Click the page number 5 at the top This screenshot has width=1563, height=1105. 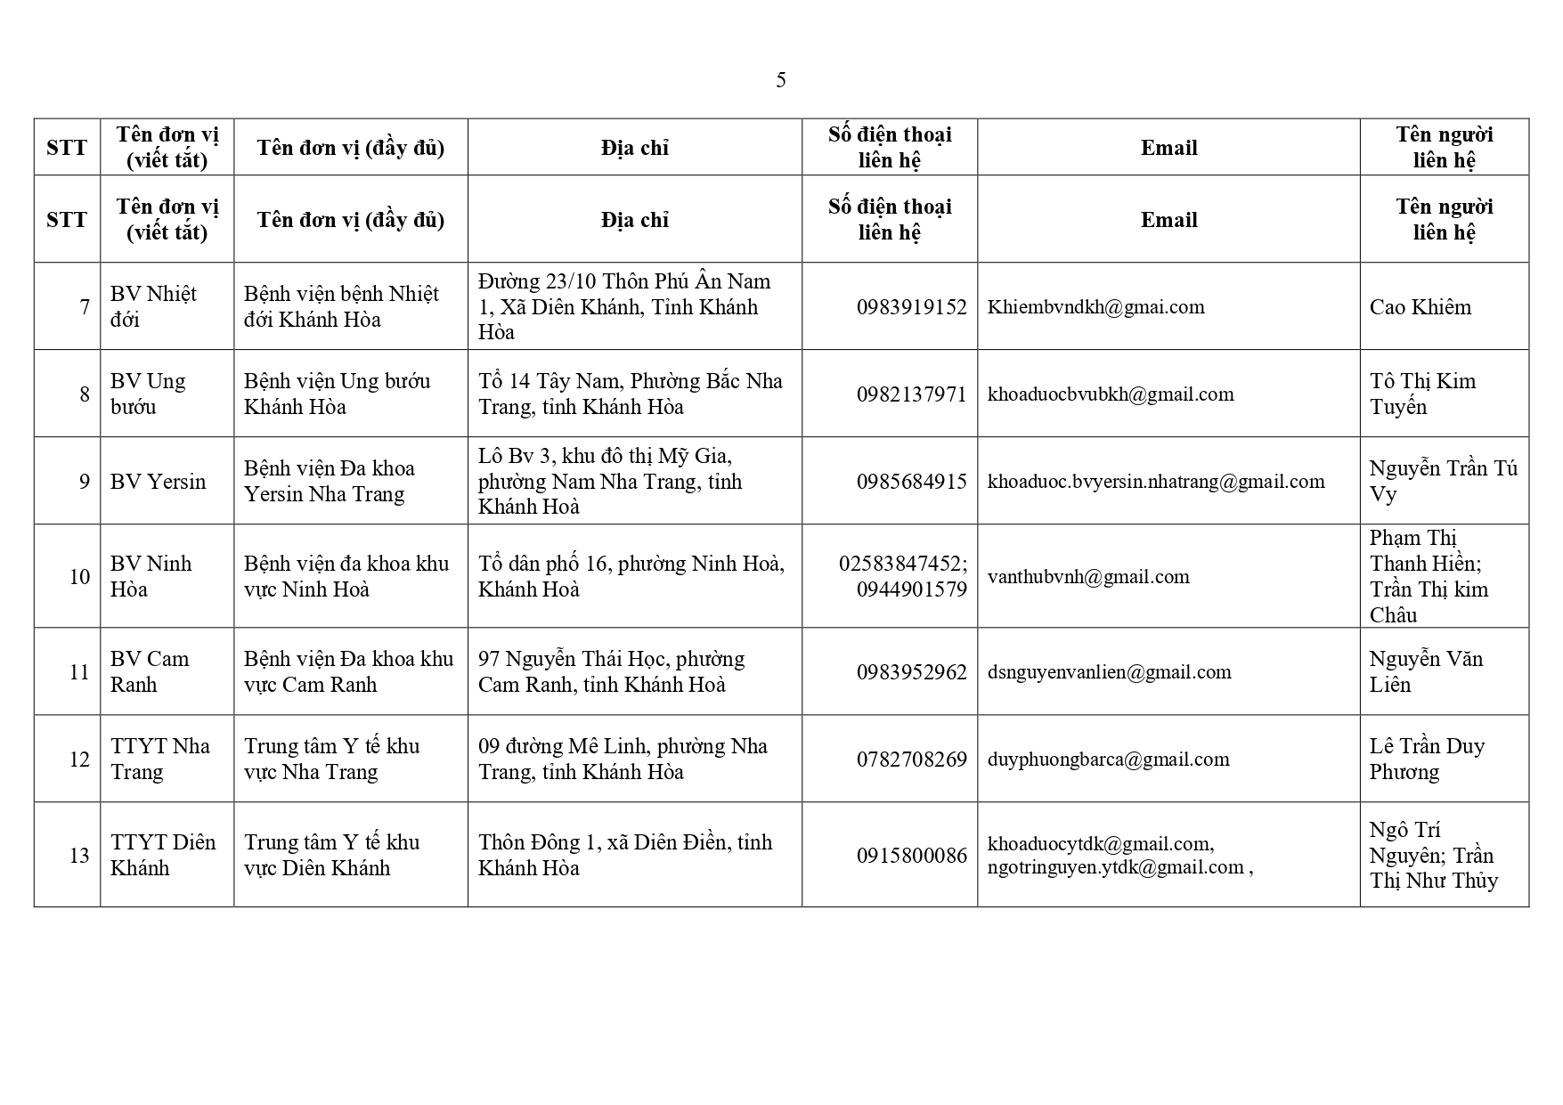tap(780, 81)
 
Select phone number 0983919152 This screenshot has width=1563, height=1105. tap(911, 307)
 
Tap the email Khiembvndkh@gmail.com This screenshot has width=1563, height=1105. tap(1095, 307)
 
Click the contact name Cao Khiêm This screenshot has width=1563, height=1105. tap(1420, 307)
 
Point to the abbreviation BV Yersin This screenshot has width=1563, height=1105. tap(158, 482)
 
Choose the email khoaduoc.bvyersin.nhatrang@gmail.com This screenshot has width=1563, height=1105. tap(1155, 482)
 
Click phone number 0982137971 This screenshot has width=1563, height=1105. tap(911, 394)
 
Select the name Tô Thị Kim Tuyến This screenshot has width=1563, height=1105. tap(1422, 394)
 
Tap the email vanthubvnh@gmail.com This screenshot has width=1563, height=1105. tap(1088, 577)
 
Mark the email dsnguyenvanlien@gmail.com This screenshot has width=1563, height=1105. tap(1109, 672)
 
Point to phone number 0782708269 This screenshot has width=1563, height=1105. tap(911, 760)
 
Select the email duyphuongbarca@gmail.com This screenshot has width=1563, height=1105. tap(1108, 760)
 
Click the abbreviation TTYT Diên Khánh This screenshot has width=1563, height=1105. tap(163, 855)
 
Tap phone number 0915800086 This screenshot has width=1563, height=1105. tap(911, 856)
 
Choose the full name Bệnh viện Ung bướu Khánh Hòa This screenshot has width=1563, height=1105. tap(337, 394)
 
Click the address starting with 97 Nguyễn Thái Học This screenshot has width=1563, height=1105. tap(611, 671)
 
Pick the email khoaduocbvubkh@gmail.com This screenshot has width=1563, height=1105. tap(1111, 394)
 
